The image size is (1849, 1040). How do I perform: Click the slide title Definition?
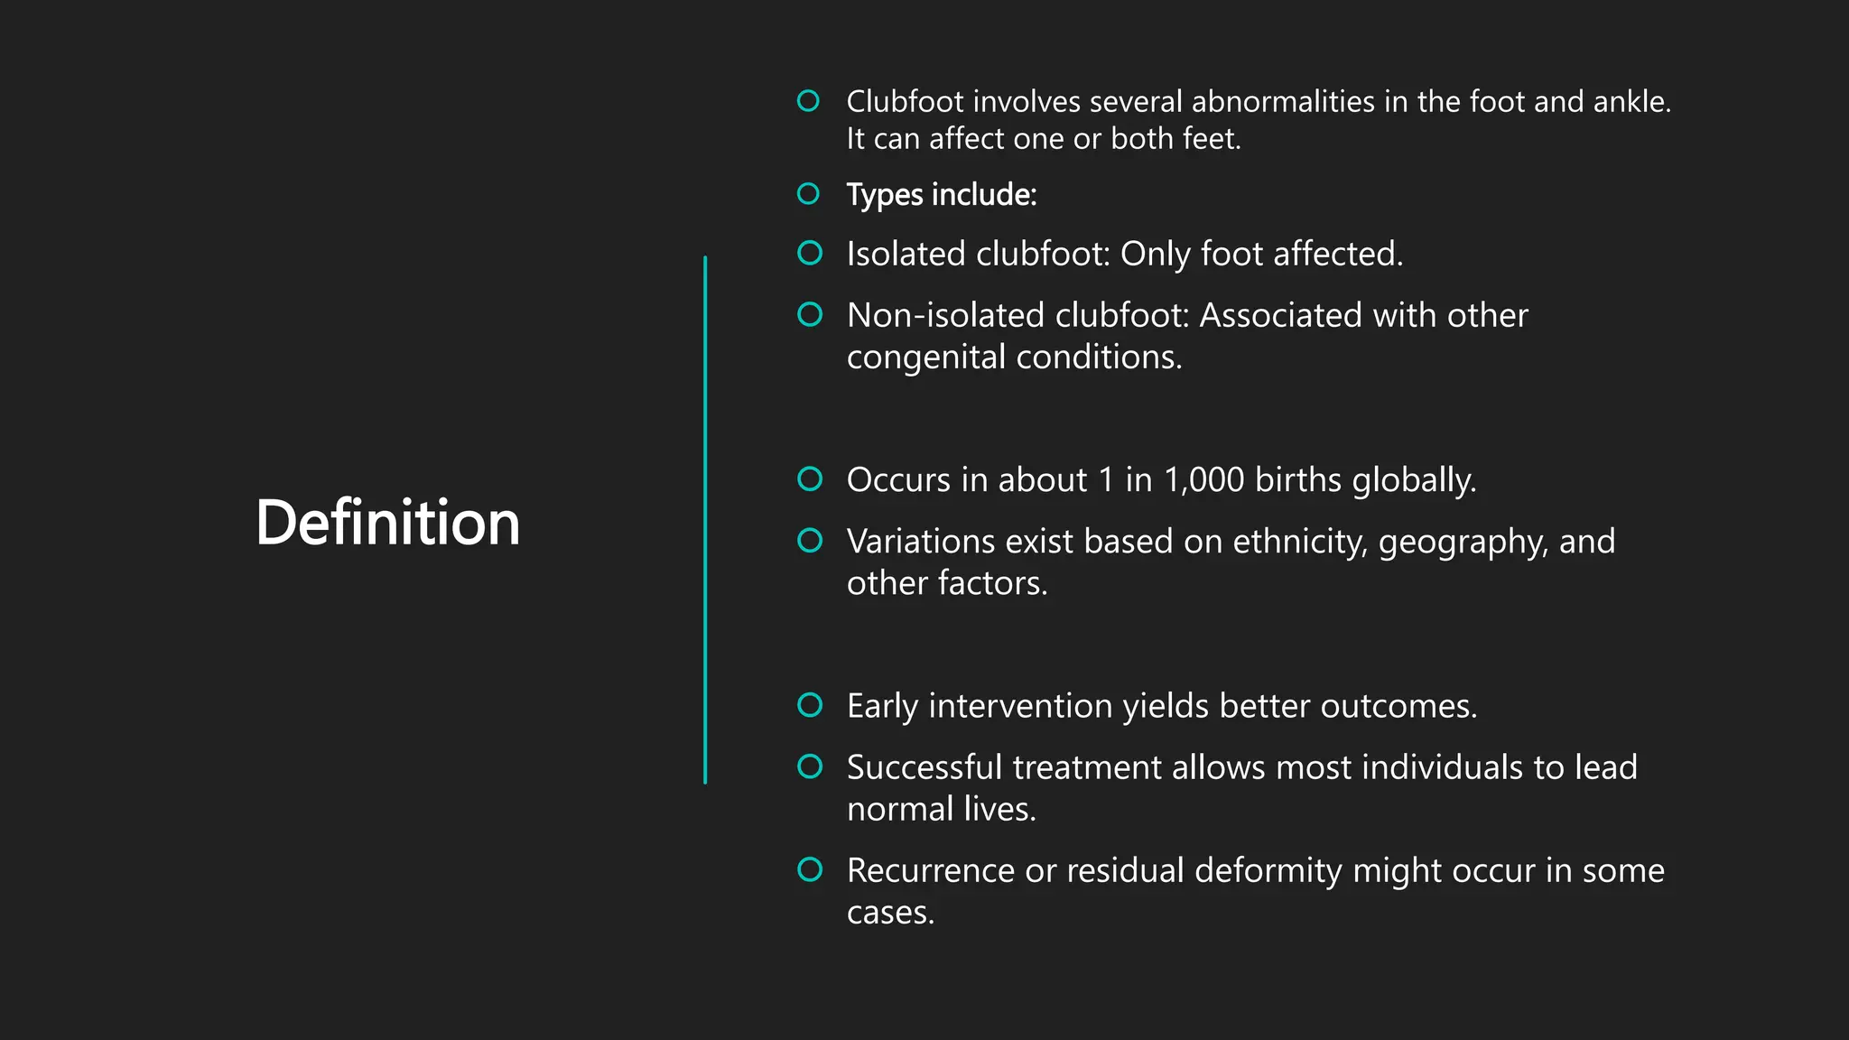(x=387, y=523)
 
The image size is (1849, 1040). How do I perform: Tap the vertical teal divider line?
(x=705, y=520)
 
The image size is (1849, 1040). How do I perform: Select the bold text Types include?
(x=941, y=195)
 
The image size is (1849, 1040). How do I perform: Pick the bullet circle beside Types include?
(x=809, y=194)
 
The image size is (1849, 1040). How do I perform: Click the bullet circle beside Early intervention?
(x=810, y=705)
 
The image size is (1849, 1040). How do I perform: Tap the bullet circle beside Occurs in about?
(x=810, y=479)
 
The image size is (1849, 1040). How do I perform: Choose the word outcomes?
(x=1398, y=706)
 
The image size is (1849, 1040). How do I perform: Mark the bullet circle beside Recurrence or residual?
(x=810, y=869)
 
